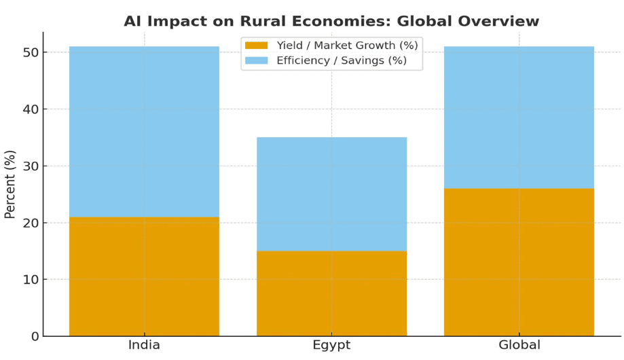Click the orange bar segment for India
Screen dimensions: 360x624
[x=144, y=276]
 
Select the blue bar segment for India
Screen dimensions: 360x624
[x=144, y=132]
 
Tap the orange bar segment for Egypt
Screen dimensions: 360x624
[x=331, y=293]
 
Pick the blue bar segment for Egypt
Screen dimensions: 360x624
[x=331, y=194]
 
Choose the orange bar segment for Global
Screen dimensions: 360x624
[x=519, y=262]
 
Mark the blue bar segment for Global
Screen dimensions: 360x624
[x=519, y=118]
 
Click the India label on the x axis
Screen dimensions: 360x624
[x=144, y=345]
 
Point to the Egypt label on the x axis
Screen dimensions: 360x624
[x=331, y=345]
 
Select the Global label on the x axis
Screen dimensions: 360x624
[x=519, y=345]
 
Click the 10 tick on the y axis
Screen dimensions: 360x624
[x=30, y=279]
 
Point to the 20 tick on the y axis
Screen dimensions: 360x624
[x=30, y=223]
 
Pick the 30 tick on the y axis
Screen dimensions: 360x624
[x=30, y=166]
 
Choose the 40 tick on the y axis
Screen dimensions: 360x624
[x=30, y=109]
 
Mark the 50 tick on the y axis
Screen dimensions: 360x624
[x=30, y=52]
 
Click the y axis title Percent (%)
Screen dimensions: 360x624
[x=10, y=184]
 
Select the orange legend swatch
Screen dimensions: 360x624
[x=257, y=46]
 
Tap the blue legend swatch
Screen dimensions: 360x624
[x=257, y=60]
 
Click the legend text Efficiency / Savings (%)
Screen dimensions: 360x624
[x=342, y=60]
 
